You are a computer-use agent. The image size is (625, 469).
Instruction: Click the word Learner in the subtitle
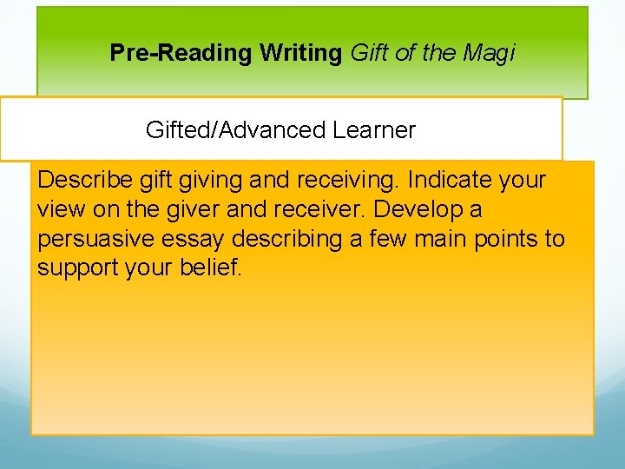(x=374, y=130)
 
